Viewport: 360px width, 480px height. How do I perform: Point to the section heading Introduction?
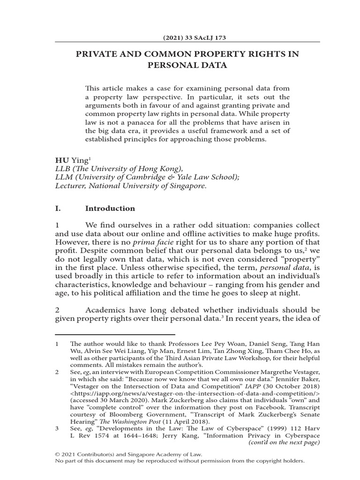[x=110, y=208]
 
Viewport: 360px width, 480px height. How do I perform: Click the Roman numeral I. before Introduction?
[x=59, y=208]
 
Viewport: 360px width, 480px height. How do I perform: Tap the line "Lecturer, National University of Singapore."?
[x=130, y=186]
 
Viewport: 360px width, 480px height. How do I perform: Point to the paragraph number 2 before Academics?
[x=57, y=310]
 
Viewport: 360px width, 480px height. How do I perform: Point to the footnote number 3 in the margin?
[x=57, y=427]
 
